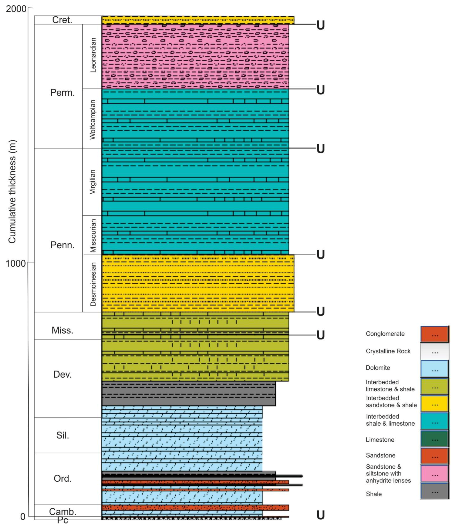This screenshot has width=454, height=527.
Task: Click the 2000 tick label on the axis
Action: point(16,9)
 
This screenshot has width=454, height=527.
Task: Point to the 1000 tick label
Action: point(16,263)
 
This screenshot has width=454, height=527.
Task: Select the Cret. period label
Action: point(62,20)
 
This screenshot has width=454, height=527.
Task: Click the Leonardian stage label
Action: point(93,55)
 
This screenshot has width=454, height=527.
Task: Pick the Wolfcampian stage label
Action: point(93,119)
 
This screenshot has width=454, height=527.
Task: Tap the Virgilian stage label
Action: point(93,182)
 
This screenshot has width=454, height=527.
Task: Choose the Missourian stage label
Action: point(93,235)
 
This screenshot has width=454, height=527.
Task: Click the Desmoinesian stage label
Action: point(93,284)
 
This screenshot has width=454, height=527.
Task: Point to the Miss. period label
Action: point(62,330)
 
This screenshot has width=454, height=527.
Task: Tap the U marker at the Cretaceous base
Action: point(320,25)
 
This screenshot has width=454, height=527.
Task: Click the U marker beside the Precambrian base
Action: point(320,515)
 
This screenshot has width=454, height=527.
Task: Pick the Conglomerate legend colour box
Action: point(435,334)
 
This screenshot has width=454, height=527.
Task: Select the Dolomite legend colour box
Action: point(435,369)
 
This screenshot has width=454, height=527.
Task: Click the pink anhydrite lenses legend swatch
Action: point(435,474)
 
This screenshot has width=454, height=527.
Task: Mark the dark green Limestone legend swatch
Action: point(435,439)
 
